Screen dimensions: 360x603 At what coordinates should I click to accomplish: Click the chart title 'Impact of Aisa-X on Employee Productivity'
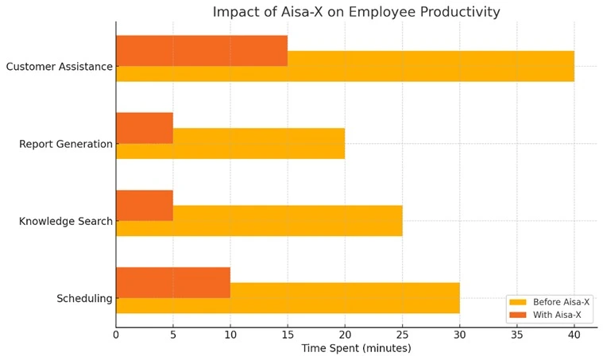[x=356, y=12]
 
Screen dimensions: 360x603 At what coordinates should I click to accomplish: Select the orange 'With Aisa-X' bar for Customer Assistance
[x=201, y=50]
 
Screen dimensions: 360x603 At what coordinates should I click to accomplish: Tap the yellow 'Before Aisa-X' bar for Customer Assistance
[x=429, y=67]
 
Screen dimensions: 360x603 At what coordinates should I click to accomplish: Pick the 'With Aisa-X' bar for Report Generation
[x=144, y=127]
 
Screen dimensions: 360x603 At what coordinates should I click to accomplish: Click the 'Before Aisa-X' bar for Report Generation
[x=258, y=144]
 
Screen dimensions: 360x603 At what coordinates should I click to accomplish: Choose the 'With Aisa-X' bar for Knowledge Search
[x=144, y=205]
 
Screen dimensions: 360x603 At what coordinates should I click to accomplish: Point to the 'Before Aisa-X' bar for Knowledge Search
[x=287, y=221]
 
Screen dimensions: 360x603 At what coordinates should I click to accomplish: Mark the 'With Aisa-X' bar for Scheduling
[x=172, y=282]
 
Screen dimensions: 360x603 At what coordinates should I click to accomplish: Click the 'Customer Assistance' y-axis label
[x=59, y=67]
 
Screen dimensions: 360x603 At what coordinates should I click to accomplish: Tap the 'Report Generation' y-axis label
[x=66, y=144]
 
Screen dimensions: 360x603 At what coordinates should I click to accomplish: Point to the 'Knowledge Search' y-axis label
[x=66, y=221]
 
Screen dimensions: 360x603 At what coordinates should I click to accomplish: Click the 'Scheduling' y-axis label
[x=84, y=299]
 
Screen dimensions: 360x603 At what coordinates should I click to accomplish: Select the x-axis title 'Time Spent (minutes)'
[x=356, y=348]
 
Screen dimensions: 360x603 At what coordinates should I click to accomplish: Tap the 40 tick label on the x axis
[x=574, y=335]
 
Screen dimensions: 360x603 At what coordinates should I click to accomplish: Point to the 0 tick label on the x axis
[x=116, y=335]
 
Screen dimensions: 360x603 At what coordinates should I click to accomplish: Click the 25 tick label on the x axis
[x=402, y=335]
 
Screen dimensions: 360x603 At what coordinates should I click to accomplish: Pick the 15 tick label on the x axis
[x=288, y=335]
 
